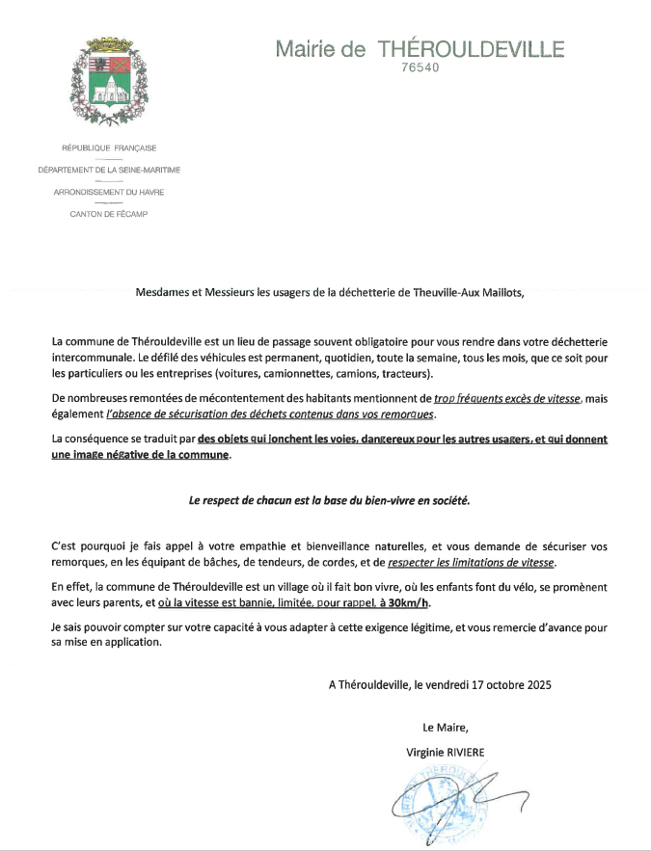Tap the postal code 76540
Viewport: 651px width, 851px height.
[x=419, y=68]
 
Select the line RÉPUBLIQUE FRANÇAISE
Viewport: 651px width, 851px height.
[x=108, y=147]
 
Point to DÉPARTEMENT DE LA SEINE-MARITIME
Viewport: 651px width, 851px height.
[x=108, y=170]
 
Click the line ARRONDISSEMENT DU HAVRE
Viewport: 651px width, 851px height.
[x=108, y=192]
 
